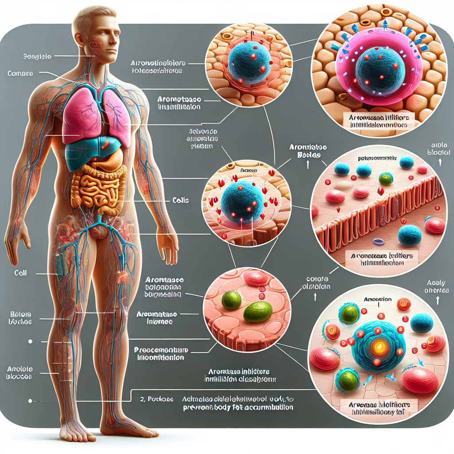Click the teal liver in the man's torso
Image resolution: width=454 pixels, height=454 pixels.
point(84,153)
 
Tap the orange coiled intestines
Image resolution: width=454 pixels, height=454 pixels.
point(95,188)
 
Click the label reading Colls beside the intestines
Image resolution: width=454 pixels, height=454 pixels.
point(180,200)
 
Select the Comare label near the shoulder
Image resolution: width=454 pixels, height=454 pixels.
point(20,73)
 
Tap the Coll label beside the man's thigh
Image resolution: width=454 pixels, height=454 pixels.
point(20,273)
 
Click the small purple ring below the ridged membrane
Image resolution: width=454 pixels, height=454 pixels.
point(378,242)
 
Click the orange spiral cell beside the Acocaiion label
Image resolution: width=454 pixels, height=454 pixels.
point(404,304)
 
